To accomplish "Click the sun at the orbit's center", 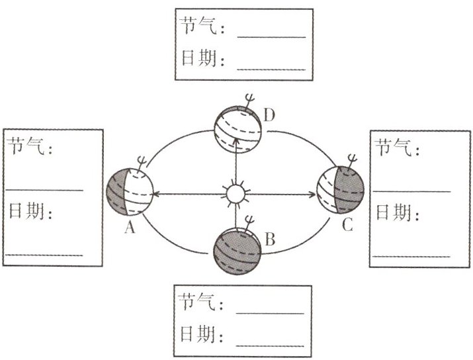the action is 236,195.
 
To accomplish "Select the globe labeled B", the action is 237,249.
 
